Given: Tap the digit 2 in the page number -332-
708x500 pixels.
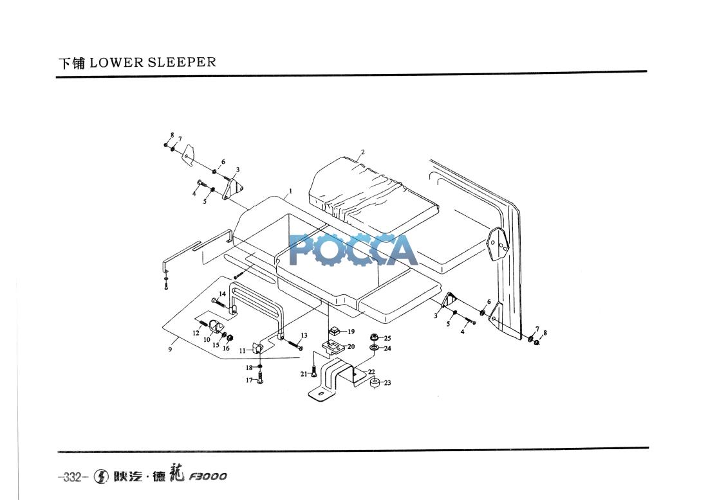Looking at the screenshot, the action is pyautogui.click(x=75, y=477).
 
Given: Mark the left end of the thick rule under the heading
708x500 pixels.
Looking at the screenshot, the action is pyautogui.click(x=57, y=77).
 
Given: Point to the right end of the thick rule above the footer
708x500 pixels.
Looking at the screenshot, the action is pyautogui.click(x=648, y=448).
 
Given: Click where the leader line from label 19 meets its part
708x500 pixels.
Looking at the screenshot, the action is pyautogui.click(x=340, y=332).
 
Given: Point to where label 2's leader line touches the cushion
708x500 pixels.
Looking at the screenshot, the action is pyautogui.click(x=357, y=161).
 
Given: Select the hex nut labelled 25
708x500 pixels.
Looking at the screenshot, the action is pyautogui.click(x=374, y=337).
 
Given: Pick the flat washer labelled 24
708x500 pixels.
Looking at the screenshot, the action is pyautogui.click(x=374, y=348).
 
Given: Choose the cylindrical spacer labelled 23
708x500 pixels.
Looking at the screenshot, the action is pyautogui.click(x=375, y=383).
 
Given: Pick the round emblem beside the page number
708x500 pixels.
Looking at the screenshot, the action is pyautogui.click(x=101, y=476).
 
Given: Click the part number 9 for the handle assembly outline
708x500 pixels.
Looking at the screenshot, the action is pyautogui.click(x=170, y=350).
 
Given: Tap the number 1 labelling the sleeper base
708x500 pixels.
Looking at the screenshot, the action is pyautogui.click(x=290, y=191).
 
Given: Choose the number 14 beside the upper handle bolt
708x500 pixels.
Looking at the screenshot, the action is pyautogui.click(x=222, y=294).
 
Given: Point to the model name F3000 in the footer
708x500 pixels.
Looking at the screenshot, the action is pyautogui.click(x=208, y=477).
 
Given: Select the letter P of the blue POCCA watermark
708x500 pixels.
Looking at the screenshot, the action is pyautogui.click(x=303, y=249).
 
